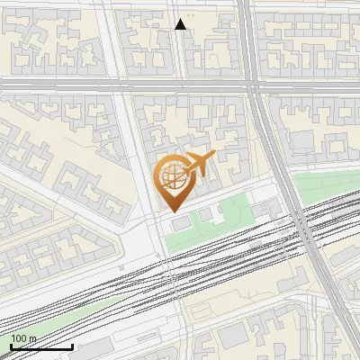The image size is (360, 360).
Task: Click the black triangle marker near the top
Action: [181, 24]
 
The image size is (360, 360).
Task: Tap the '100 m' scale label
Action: [23, 338]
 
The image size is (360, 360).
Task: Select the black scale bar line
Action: [41, 346]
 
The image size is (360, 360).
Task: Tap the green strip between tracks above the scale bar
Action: [54, 315]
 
